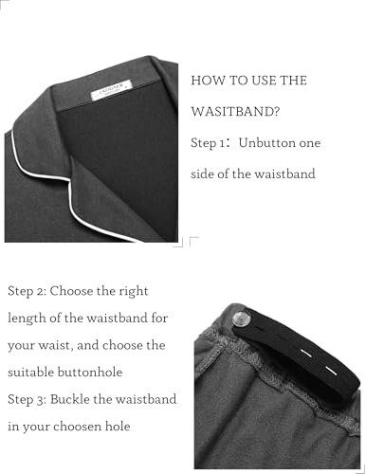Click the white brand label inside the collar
[111, 90]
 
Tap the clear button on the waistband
[241, 319]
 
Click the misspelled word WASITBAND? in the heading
[235, 112]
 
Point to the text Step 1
[208, 143]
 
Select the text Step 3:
[27, 400]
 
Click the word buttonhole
[90, 372]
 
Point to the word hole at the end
[118, 427]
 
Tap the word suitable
[30, 372]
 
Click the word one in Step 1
[310, 143]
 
